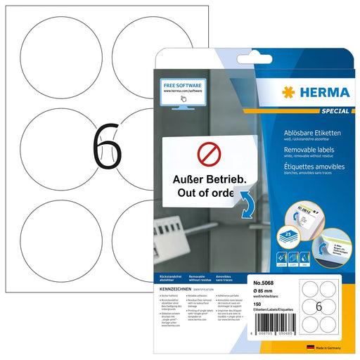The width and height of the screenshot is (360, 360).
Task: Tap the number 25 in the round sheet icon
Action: (x=289, y=212)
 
